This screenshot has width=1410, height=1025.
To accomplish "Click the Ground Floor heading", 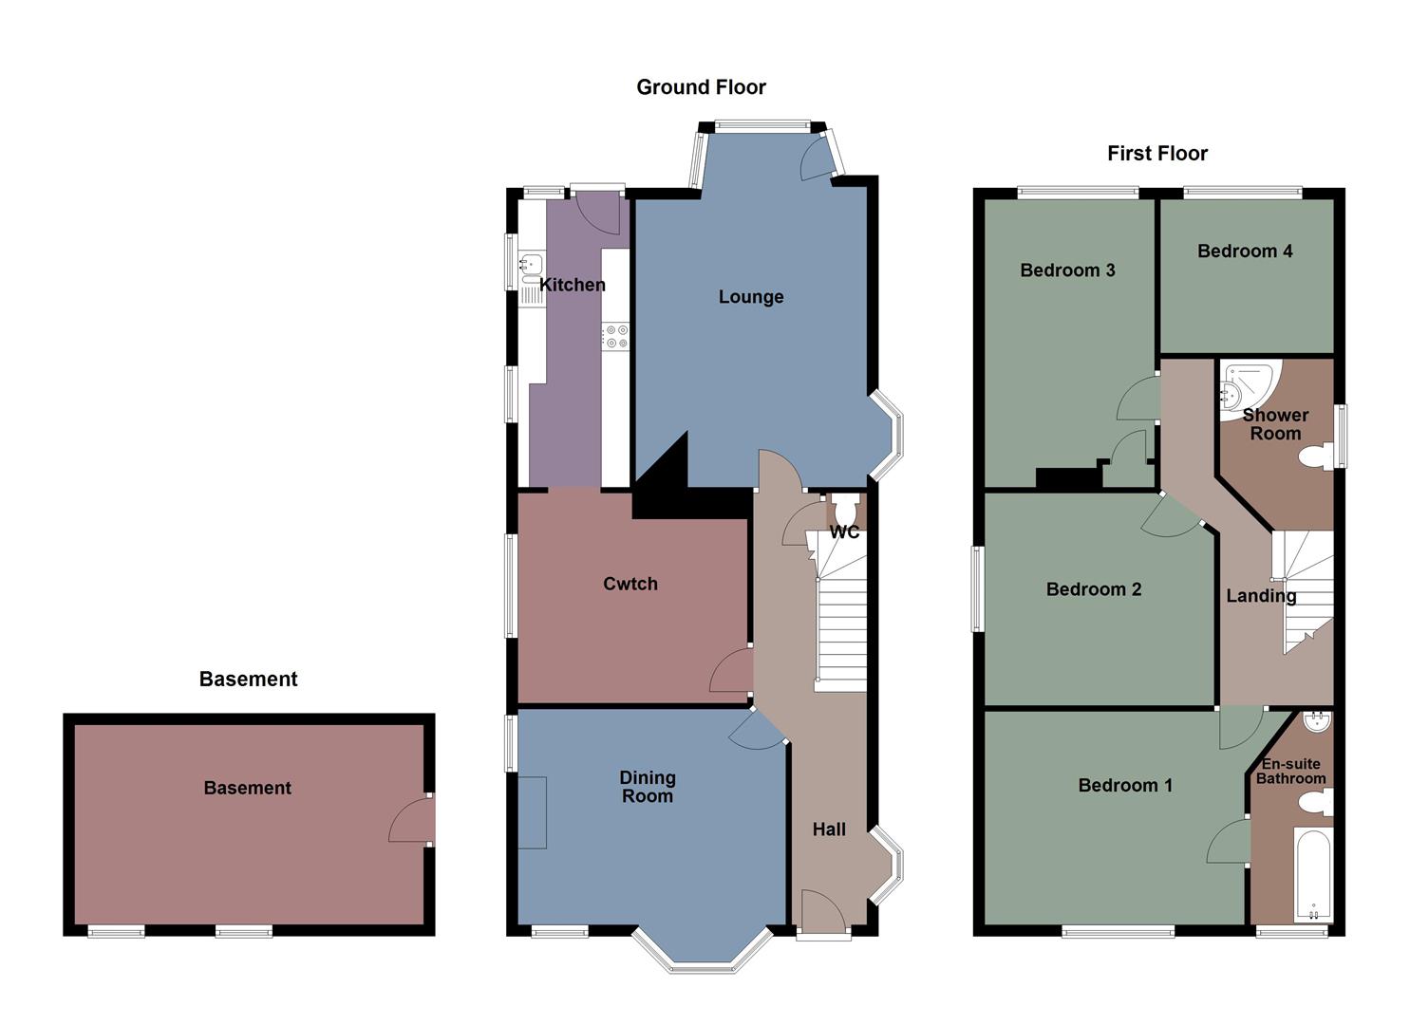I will pos(701,87).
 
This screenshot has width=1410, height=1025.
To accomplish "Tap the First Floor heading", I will pos(1156,154).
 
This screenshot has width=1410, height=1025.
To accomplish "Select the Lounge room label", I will pos(750,297).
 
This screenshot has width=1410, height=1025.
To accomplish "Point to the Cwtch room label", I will pos(630,584).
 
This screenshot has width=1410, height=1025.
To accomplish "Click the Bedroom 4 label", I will pos(1244,252).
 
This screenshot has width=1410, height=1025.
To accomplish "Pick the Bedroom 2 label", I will pos(1093,589).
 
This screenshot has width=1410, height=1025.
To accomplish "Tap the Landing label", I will pos(1260,596).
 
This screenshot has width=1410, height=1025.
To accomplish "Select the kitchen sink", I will pos(529,265).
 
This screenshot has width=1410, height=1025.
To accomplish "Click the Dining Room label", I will pos(647,787).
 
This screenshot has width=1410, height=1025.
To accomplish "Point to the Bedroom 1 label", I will pos(1124,786).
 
